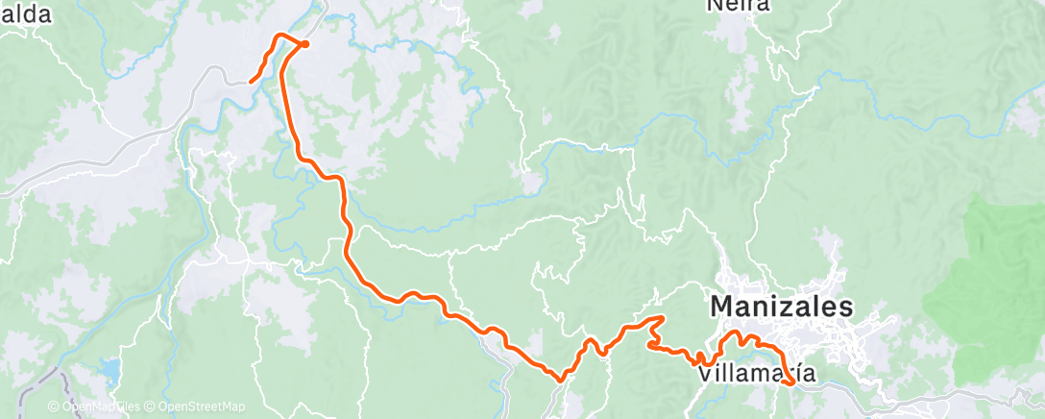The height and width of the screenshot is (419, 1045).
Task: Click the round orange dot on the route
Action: click(304, 43)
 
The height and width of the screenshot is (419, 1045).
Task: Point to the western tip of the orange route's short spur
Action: click(252, 82)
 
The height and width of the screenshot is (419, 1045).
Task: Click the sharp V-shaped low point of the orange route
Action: click(560, 380)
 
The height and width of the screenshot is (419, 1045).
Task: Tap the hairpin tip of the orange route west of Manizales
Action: click(663, 318)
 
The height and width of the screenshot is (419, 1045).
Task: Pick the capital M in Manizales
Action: click(722, 308)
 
